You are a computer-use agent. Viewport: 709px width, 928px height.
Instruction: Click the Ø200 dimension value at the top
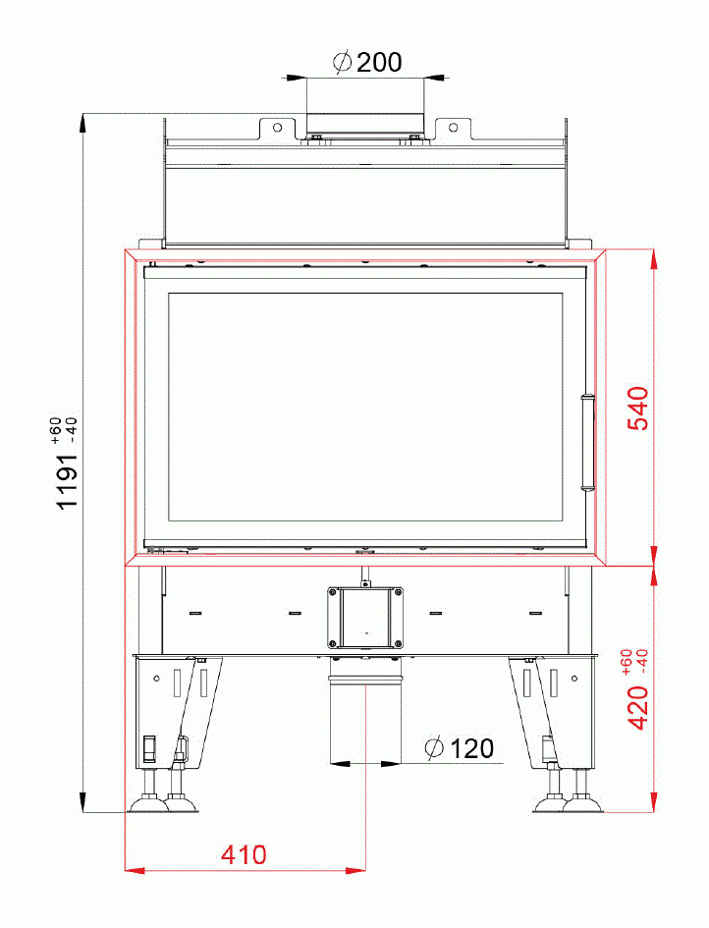click(x=367, y=63)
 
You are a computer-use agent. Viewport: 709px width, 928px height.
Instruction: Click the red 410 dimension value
click(x=243, y=854)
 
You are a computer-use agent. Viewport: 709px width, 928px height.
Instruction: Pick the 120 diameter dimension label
click(x=460, y=749)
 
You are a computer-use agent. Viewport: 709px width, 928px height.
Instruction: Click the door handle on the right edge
click(x=588, y=442)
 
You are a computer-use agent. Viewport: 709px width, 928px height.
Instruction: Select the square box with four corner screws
click(x=365, y=617)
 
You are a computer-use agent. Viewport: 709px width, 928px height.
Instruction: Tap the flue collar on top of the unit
click(x=365, y=124)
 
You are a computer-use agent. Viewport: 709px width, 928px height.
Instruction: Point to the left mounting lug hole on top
click(x=278, y=128)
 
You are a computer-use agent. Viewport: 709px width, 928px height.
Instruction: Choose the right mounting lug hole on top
click(x=453, y=128)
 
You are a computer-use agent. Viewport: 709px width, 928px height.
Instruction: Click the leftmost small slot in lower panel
click(x=194, y=613)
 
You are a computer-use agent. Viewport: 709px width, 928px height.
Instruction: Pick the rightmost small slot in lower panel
click(x=535, y=613)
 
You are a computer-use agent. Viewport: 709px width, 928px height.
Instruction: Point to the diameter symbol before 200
click(x=342, y=63)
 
